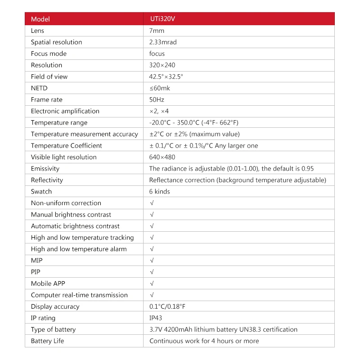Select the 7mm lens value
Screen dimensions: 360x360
click(x=157, y=31)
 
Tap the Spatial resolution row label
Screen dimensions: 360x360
click(x=56, y=42)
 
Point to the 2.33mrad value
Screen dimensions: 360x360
click(x=163, y=42)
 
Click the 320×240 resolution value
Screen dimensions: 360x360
click(x=162, y=65)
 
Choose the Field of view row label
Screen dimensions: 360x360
click(x=49, y=76)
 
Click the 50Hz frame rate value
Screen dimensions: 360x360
click(x=156, y=99)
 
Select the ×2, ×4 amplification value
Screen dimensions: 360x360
click(x=159, y=111)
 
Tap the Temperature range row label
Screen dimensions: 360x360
click(x=59, y=122)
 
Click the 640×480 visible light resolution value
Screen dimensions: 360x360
click(x=162, y=157)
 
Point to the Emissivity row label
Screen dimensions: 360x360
click(x=45, y=168)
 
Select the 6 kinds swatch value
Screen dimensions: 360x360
click(x=159, y=191)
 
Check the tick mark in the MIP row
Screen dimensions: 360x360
click(x=152, y=261)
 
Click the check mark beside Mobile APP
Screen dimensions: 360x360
click(x=152, y=283)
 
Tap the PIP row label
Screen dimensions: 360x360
click(x=36, y=272)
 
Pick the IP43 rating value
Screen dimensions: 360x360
click(x=156, y=318)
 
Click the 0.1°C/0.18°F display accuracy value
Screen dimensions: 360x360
click(x=167, y=306)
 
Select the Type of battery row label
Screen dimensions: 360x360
click(x=53, y=329)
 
